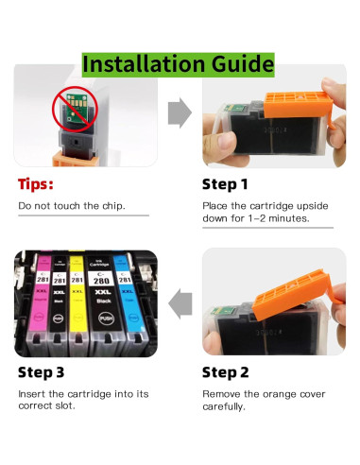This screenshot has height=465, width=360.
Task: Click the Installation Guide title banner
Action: click(x=179, y=65)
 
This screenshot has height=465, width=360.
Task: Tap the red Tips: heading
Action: click(x=36, y=184)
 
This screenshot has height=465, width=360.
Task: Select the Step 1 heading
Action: click(x=225, y=184)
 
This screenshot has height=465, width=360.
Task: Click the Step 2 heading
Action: click(x=226, y=372)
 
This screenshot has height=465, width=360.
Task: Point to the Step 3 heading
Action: click(x=42, y=372)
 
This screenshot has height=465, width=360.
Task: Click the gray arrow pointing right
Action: click(x=180, y=112)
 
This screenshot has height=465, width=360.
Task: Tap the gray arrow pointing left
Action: click(x=180, y=303)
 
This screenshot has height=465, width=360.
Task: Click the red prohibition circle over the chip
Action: click(x=75, y=110)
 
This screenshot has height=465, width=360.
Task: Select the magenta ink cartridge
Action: click(x=40, y=304)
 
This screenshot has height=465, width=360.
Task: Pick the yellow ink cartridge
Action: click(x=77, y=304)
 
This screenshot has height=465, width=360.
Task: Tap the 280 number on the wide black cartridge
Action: click(x=102, y=281)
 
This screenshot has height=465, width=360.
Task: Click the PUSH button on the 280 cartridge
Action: click(x=106, y=319)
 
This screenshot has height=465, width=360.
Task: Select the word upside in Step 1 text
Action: click(x=313, y=206)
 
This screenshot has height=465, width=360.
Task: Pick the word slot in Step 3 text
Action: click(x=65, y=405)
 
